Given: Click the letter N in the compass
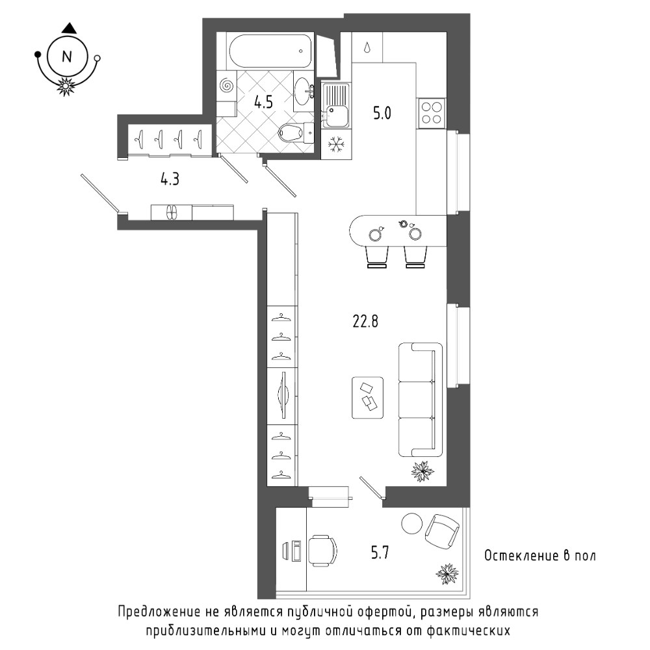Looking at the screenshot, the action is coord(67,57).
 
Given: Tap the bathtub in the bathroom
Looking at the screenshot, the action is coord(270,51).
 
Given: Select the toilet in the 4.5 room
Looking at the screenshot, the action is coord(296,132).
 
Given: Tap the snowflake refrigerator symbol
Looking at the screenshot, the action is coord(336,144).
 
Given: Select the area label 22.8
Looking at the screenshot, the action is coord(365,321).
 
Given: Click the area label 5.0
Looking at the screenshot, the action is coord(382,112).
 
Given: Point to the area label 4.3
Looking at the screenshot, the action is coord(170,179).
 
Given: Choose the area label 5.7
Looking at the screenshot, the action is coord(380,552).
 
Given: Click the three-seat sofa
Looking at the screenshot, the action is coord(421,400).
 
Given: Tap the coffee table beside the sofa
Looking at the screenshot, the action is coord(367,398).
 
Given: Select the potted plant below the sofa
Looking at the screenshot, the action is coord(422,471).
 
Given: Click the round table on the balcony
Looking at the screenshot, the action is coord(412,523).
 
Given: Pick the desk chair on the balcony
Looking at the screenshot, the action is coord(322,551).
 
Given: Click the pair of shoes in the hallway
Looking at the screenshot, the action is coord(171,213).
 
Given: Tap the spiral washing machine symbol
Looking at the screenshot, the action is coord(226,86).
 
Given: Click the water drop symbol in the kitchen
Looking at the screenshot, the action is coord(367,47).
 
